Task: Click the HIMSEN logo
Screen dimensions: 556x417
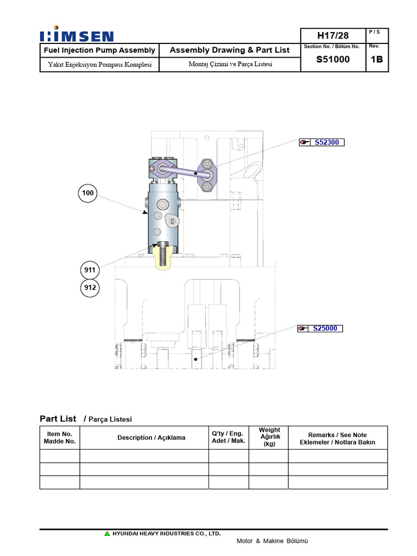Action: coord(77,36)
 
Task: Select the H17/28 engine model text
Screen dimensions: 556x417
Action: coord(333,35)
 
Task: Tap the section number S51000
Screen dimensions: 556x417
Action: coord(333,60)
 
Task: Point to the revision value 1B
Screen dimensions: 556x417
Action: coord(377,60)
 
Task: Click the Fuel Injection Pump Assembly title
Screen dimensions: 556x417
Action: coord(99,50)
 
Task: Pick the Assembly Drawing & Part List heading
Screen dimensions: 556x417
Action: coord(230,50)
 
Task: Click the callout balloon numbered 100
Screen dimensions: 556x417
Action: coord(89,193)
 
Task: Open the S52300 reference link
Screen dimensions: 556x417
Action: coord(326,142)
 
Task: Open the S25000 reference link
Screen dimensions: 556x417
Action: coord(325,328)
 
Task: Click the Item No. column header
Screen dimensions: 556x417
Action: coord(60,438)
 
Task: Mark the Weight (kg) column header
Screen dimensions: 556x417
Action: coord(269,437)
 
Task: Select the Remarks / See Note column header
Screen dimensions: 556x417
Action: coord(337,438)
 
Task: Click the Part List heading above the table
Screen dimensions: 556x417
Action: coord(58,419)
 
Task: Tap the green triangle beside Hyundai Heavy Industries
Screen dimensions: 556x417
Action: coord(108,534)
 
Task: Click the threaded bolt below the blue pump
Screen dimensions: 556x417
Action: coord(161,254)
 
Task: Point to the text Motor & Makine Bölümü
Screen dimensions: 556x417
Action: coord(272,541)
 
